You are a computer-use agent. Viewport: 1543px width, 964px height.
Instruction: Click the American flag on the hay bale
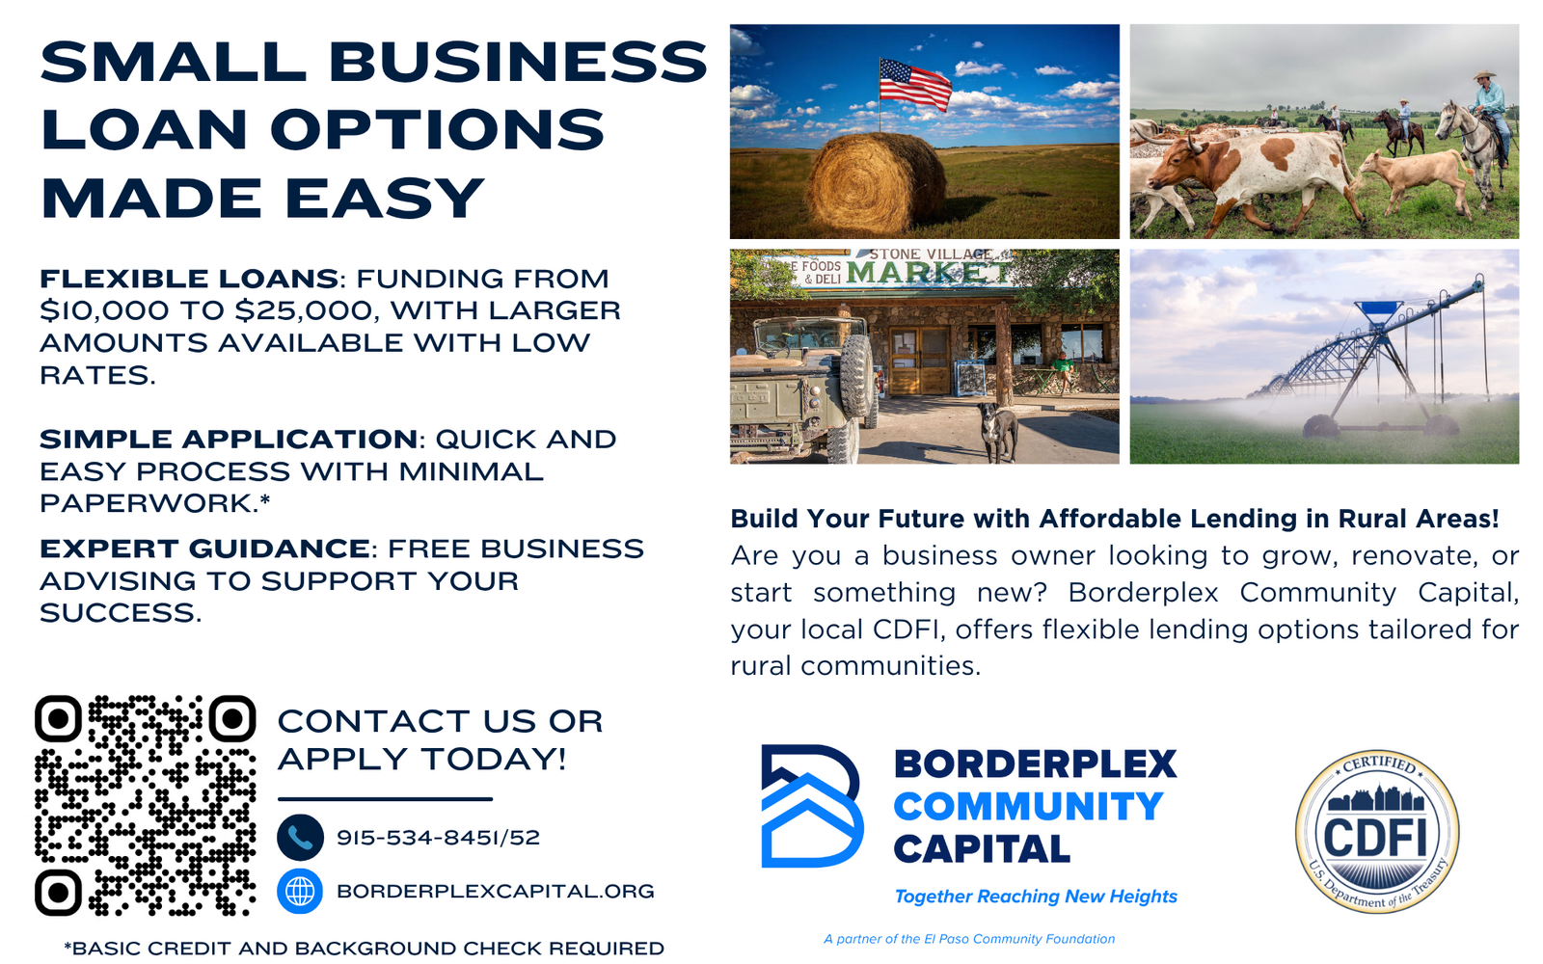915,84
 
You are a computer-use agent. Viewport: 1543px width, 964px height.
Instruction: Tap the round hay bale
877,183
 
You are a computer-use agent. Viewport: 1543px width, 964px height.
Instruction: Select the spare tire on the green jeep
856,376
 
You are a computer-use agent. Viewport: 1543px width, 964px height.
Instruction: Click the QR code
146,805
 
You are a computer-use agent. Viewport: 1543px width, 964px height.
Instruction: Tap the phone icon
300,838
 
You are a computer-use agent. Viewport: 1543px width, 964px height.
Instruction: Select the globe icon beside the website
300,891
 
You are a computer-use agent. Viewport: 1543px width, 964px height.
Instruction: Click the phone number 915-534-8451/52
438,838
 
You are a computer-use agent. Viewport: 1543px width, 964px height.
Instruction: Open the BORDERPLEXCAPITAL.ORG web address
496,891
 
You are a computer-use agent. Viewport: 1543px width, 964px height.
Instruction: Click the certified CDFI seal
1377,832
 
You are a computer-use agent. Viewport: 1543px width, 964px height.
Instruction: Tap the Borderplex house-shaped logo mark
811,806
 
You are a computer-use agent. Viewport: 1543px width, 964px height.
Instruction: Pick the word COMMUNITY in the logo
1029,806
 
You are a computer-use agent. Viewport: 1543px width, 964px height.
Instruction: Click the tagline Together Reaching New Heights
1036,897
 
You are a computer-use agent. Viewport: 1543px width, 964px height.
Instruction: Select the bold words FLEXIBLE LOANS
189,279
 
